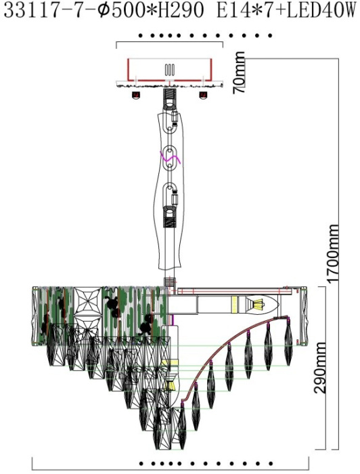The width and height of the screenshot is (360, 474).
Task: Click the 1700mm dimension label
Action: (333, 254)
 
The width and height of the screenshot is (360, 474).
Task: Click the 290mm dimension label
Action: (320, 368)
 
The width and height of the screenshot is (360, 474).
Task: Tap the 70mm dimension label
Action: (239, 72)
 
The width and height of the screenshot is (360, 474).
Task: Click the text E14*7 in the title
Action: (244, 11)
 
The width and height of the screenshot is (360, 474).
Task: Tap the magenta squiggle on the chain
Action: (170, 158)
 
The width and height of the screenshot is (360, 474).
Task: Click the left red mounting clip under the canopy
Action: (136, 95)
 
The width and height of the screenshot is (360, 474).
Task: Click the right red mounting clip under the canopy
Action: (202, 95)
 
